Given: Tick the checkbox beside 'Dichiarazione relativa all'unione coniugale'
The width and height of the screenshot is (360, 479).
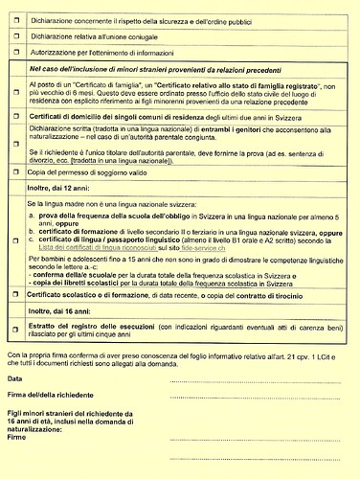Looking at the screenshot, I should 15,35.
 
